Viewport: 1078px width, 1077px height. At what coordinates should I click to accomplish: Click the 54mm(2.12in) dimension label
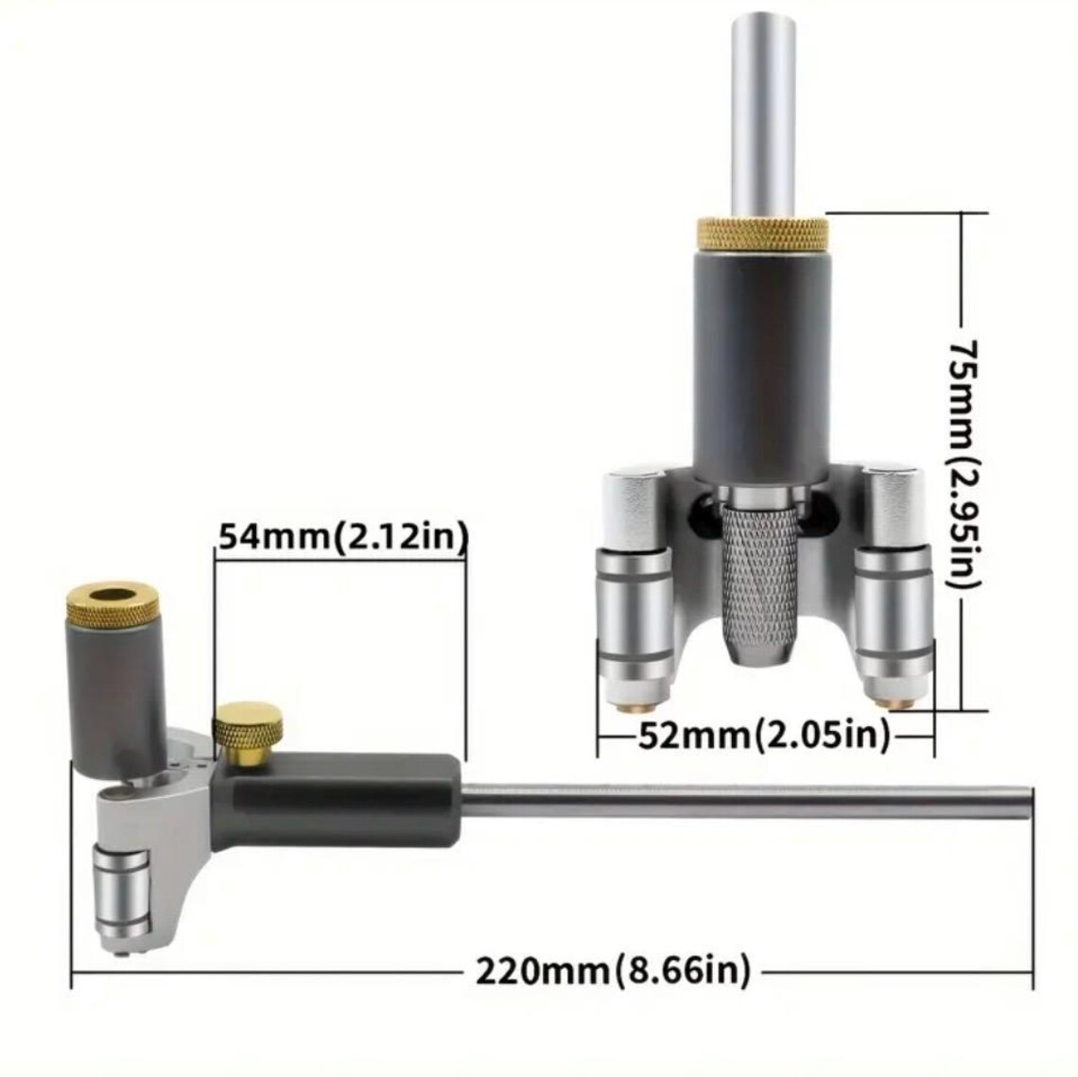pyautogui.click(x=342, y=537)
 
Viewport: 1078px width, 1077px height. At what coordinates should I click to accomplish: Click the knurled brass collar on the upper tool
pyautogui.click(x=763, y=232)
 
